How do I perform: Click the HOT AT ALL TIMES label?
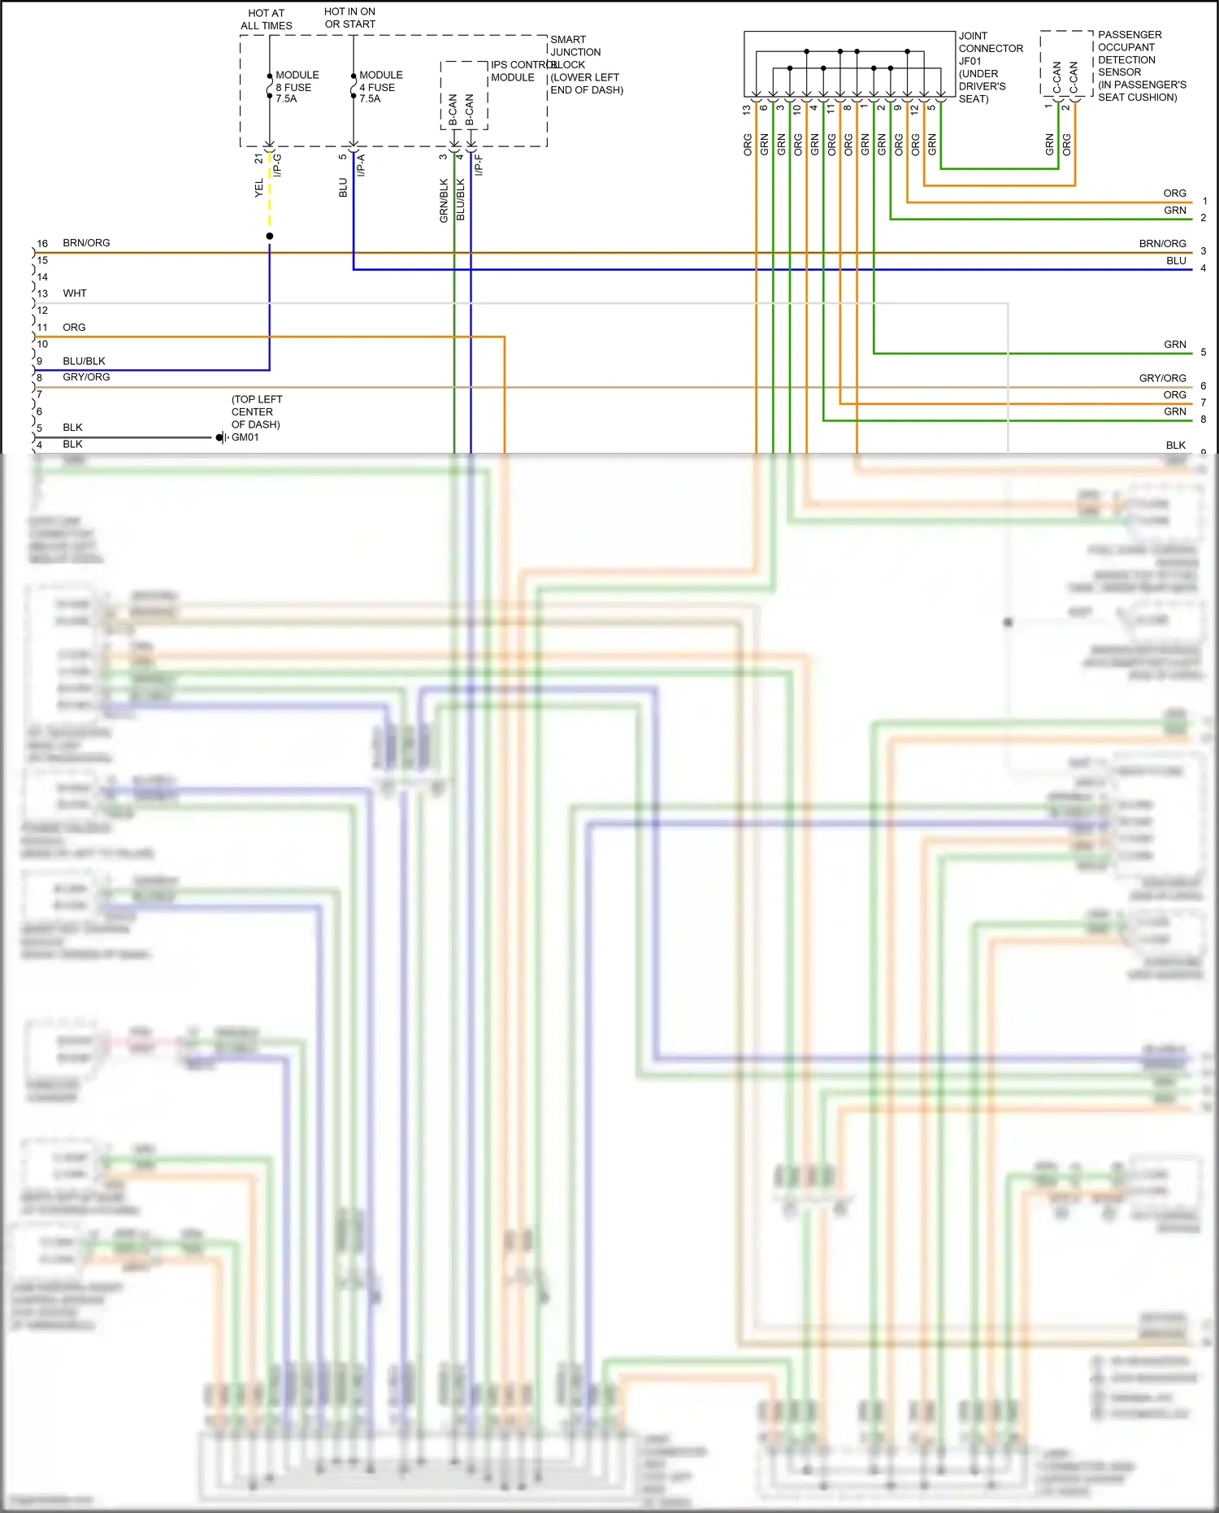pos(266,20)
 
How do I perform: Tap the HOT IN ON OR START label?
pos(349,18)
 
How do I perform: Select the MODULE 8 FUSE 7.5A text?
pos(297,87)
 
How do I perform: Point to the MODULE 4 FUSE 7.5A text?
pos(380,87)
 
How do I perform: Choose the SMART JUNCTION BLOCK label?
pos(586,64)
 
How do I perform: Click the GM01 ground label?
pos(245,437)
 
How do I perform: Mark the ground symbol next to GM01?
pos(221,438)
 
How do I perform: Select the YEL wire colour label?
pos(259,189)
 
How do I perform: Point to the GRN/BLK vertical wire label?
pos(444,201)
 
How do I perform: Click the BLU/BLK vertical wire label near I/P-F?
pos(461,201)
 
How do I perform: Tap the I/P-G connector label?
pos(277,165)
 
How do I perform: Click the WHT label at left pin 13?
pos(74,293)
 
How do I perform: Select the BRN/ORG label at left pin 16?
pos(86,243)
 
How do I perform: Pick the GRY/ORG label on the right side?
pos(1162,378)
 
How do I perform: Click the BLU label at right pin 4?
pos(1176,261)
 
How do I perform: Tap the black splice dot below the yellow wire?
pos(270,237)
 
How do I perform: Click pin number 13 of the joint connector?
pos(747,108)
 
